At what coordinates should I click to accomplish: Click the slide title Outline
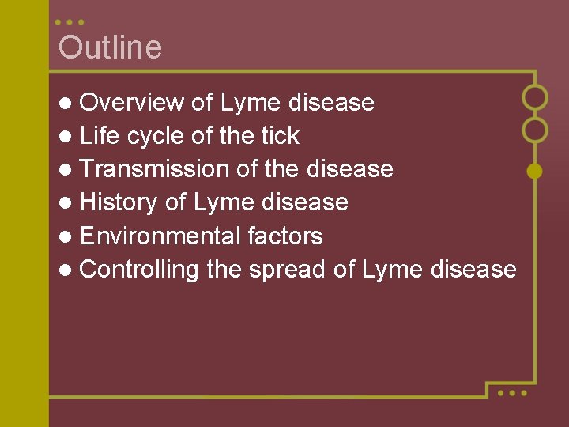click(x=110, y=47)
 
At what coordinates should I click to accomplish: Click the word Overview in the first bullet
click(x=132, y=103)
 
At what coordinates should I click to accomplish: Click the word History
click(x=119, y=202)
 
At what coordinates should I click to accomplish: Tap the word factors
click(x=285, y=236)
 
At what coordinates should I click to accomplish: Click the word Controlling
click(x=139, y=270)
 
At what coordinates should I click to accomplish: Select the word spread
click(x=288, y=270)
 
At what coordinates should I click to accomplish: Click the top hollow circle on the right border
click(x=535, y=97)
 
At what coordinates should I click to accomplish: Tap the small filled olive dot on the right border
click(x=535, y=170)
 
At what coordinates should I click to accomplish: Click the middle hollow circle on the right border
click(x=535, y=129)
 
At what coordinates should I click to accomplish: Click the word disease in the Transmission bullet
click(x=349, y=169)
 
